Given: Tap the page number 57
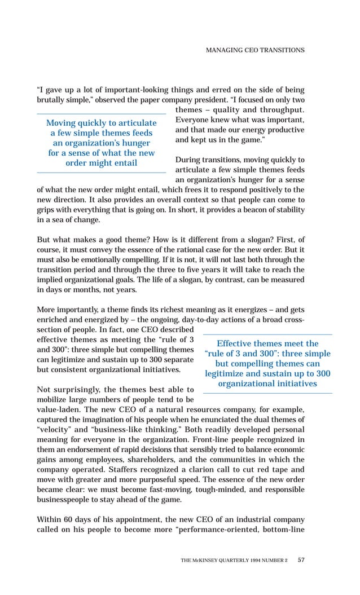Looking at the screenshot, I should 301,560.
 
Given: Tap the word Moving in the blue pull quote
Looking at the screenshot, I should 63,123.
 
